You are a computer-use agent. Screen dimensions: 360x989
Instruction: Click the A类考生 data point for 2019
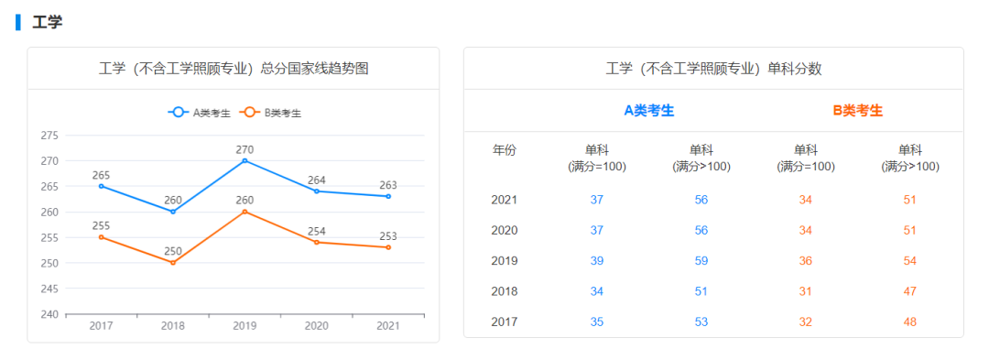(x=245, y=160)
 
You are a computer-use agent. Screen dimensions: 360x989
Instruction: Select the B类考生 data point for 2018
(x=172, y=263)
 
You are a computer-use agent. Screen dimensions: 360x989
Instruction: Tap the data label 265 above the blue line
(x=101, y=175)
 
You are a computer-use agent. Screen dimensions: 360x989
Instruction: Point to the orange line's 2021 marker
(x=388, y=247)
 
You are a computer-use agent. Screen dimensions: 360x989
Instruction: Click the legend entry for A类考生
(x=199, y=113)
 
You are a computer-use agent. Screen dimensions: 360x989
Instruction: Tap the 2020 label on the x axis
(x=316, y=326)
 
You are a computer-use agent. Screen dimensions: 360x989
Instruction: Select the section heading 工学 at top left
(x=47, y=22)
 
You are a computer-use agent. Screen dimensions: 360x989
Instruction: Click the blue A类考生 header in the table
(x=649, y=111)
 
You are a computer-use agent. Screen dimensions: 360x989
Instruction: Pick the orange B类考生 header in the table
(x=858, y=111)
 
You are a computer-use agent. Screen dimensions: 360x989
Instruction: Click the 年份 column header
(x=505, y=150)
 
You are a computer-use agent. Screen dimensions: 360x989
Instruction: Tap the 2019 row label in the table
(x=505, y=261)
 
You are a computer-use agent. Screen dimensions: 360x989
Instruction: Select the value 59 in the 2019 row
(x=701, y=261)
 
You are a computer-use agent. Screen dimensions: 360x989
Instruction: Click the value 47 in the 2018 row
(x=910, y=291)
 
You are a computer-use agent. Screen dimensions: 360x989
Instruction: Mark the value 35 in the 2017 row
(x=597, y=322)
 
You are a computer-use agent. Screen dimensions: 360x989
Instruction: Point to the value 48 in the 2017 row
(x=910, y=322)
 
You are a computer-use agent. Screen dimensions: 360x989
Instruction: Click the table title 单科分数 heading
(x=713, y=69)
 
